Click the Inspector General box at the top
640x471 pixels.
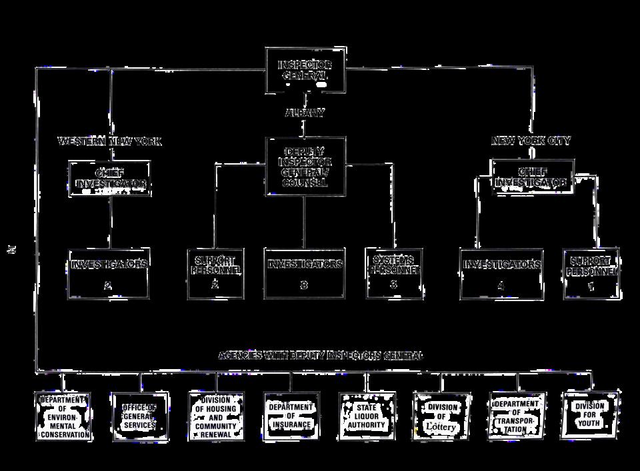click(x=305, y=70)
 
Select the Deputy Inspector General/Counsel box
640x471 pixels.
click(x=306, y=166)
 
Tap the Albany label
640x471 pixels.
click(x=305, y=113)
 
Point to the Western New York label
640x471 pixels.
click(x=110, y=142)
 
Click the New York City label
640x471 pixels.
click(x=531, y=141)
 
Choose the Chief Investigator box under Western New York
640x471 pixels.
click(x=110, y=179)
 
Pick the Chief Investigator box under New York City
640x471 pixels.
click(x=532, y=177)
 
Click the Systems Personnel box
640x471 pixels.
click(x=394, y=273)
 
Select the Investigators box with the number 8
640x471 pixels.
click(x=305, y=273)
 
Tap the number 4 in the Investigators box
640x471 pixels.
click(x=501, y=285)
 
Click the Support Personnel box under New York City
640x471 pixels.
click(x=591, y=273)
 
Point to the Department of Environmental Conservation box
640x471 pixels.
click(x=64, y=417)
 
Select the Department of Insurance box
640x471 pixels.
click(x=290, y=416)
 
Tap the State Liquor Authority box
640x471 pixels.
click(x=365, y=416)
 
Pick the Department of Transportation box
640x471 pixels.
click(x=517, y=416)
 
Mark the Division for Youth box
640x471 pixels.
click(x=590, y=414)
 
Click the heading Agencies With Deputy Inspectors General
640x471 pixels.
click(x=320, y=355)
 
